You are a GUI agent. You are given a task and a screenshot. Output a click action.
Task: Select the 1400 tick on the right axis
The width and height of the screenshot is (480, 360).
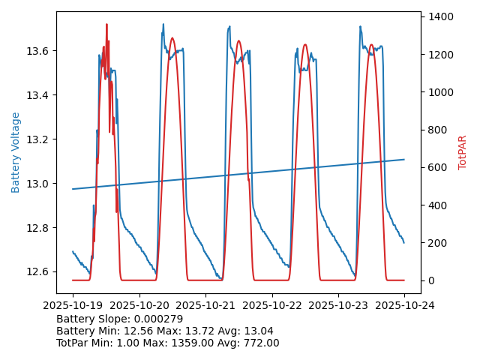439,16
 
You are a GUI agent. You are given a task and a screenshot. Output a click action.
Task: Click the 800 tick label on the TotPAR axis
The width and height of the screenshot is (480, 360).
436,130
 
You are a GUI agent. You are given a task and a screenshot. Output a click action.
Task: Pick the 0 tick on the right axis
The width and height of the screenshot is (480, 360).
428,280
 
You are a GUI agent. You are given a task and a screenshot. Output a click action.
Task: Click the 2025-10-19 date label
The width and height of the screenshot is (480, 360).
73,306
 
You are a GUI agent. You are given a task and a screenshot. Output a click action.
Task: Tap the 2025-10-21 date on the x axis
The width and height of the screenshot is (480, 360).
205,306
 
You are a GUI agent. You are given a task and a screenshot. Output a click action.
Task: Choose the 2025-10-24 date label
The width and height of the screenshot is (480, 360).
404,306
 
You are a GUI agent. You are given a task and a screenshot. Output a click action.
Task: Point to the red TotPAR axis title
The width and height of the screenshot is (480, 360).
463,152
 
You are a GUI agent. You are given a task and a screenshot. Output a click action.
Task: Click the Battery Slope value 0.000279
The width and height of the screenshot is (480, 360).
158,319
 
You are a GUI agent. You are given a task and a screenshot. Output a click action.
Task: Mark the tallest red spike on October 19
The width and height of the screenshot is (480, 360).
106,25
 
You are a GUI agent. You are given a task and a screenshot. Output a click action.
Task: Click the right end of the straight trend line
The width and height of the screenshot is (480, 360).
404,159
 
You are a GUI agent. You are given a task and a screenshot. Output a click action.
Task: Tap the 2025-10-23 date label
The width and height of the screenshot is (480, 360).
338,306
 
